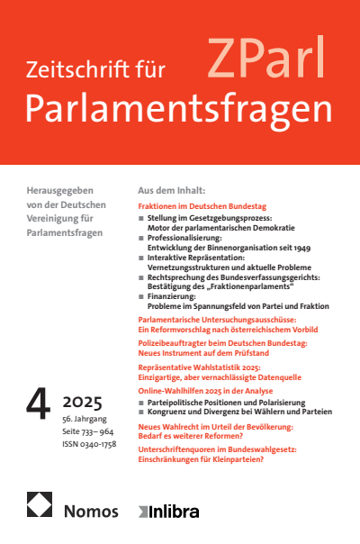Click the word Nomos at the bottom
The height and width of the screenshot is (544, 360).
coord(92,511)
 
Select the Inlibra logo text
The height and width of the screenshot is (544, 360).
coord(173,512)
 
